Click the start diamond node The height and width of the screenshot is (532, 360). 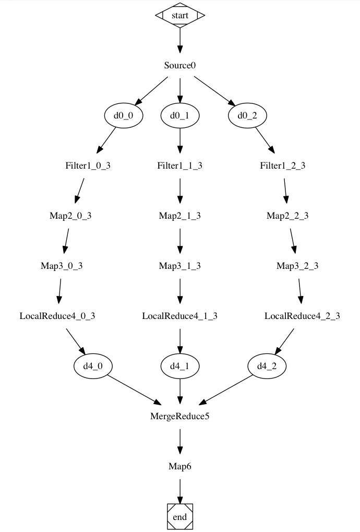[x=180, y=15]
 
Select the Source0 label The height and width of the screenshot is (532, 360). [x=180, y=65]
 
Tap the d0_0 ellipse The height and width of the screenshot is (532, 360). [x=123, y=115]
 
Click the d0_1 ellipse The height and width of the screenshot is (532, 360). [x=180, y=115]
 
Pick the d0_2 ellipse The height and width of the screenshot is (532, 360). [x=247, y=115]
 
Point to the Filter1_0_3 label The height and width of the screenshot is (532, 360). [x=88, y=165]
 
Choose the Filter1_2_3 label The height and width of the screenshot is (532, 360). [x=283, y=165]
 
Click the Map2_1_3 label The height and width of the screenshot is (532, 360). [x=180, y=216]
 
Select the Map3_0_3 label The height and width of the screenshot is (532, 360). [x=62, y=266]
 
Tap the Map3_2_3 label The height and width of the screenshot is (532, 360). [x=297, y=266]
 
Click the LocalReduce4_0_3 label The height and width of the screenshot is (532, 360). [x=57, y=316]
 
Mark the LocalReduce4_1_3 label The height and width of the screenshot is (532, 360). [x=180, y=316]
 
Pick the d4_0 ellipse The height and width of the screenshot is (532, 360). [x=93, y=366]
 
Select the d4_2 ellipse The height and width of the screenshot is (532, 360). [x=267, y=366]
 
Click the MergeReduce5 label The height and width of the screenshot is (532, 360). [x=180, y=416]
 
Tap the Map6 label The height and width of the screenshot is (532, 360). [x=180, y=466]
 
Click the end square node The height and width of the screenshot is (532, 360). [x=180, y=516]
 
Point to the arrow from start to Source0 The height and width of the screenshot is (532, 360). [x=180, y=40]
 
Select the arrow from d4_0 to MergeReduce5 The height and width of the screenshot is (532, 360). [x=134, y=389]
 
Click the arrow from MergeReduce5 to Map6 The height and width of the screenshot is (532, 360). [x=180, y=441]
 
